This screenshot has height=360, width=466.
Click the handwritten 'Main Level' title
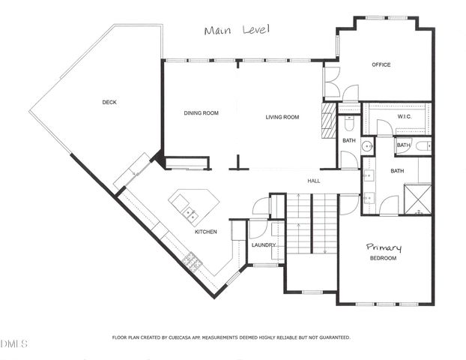[x=236, y=30]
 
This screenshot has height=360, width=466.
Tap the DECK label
[x=109, y=102]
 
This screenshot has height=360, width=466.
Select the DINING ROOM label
[x=201, y=113]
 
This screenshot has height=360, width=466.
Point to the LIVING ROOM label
[x=282, y=117]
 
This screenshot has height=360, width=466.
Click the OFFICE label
[x=381, y=65]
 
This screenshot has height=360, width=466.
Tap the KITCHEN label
[x=206, y=232]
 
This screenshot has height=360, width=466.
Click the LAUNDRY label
[x=264, y=245]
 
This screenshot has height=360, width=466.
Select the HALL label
[x=314, y=181]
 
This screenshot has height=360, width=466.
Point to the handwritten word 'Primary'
[x=384, y=247]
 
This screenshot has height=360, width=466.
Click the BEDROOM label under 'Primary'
[x=383, y=259]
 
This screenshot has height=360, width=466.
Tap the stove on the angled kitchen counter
[x=191, y=262]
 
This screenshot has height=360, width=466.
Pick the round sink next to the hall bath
[x=366, y=145]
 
